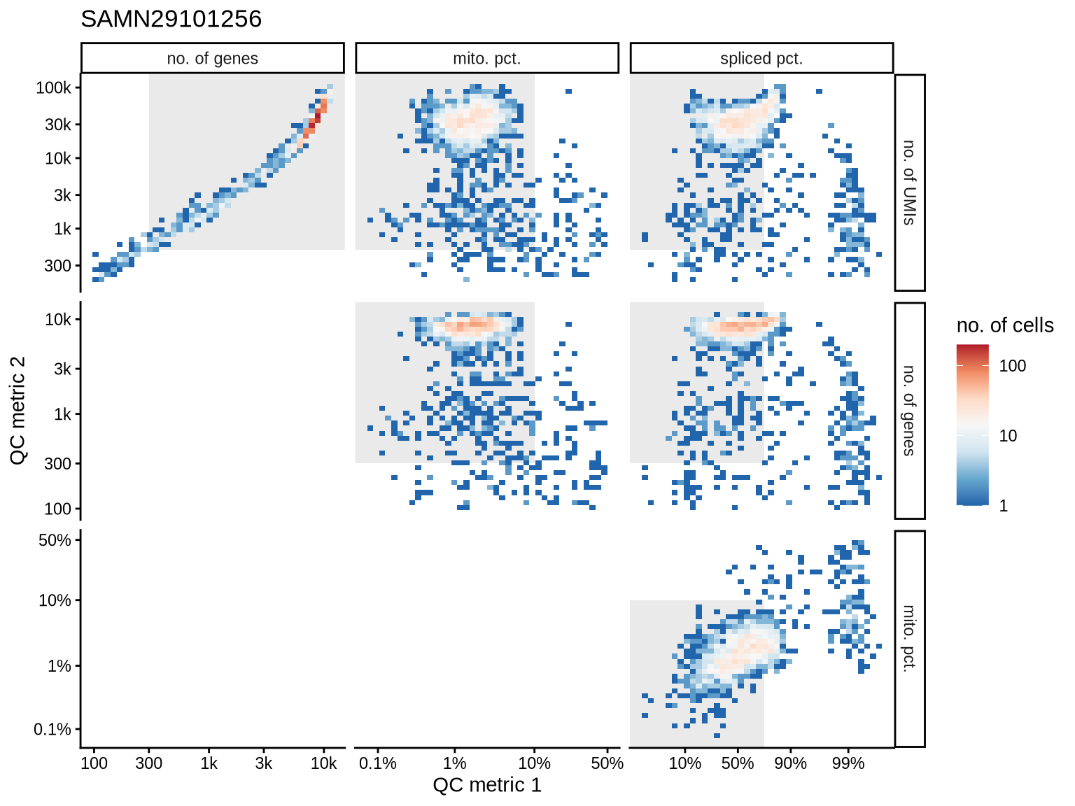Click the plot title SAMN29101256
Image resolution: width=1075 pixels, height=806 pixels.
(171, 19)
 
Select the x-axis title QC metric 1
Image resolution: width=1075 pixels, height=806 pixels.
(487, 785)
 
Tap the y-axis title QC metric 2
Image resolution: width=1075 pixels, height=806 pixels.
(18, 410)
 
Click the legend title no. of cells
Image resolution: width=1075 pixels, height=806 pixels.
(1004, 325)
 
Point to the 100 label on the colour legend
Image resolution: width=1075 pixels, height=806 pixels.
(1012, 365)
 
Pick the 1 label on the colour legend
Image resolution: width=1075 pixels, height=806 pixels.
(1004, 506)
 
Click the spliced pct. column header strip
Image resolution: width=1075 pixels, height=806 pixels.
(761, 59)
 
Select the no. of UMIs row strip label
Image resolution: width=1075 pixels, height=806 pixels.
(909, 183)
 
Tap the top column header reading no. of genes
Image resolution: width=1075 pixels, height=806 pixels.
(212, 59)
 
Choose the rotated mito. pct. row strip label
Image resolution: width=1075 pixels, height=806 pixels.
(909, 638)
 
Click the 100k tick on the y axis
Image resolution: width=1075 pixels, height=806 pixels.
(54, 88)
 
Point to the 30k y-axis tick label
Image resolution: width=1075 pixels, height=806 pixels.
(58, 125)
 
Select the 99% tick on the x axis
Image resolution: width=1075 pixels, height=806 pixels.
(848, 763)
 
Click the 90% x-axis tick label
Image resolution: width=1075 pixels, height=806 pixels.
(790, 763)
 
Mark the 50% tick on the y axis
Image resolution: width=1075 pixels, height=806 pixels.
(55, 540)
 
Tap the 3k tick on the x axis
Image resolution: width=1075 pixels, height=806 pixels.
(263, 763)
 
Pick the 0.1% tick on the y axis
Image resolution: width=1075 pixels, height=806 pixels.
(52, 730)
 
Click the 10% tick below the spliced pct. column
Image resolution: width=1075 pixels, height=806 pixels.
(684, 763)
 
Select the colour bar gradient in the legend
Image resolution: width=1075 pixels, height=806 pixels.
(972, 425)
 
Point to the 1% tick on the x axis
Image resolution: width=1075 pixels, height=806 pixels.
(454, 763)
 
